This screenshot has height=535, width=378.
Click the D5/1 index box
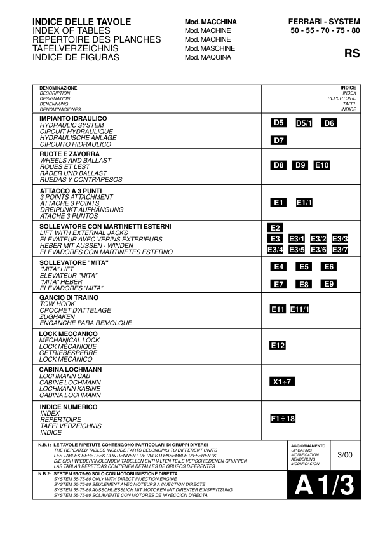[305, 123]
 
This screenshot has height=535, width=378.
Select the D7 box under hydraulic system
[279, 140]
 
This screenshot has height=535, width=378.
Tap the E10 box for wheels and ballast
[322, 165]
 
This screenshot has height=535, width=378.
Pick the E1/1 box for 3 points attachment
[304, 202]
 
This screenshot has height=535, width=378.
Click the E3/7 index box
[340, 250]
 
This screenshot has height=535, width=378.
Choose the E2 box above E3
[276, 227]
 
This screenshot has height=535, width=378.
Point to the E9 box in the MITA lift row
[328, 283]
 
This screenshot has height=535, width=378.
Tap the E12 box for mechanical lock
[278, 346]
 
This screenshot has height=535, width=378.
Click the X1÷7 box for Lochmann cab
[281, 382]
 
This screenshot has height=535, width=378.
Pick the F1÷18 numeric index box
[283, 419]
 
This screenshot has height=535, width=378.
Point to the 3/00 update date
[345, 455]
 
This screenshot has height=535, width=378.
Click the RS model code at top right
[351, 53]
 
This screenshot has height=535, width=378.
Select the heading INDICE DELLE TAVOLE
[81, 22]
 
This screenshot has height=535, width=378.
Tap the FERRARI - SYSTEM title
[323, 22]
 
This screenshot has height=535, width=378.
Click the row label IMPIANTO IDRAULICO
[73, 119]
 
